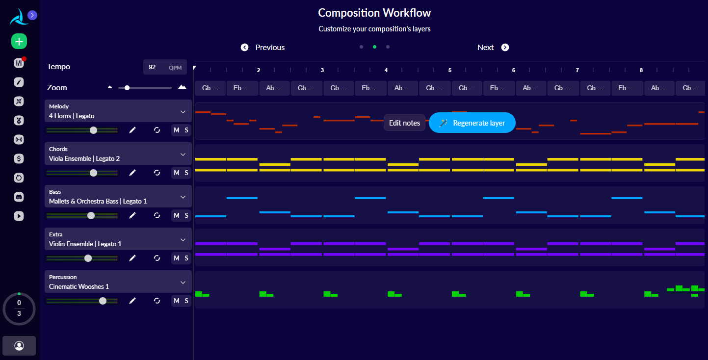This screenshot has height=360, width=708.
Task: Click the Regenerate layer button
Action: pyautogui.click(x=472, y=123)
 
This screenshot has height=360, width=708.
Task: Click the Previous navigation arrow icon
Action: pyautogui.click(x=244, y=48)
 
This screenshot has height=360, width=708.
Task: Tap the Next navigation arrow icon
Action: pyautogui.click(x=505, y=48)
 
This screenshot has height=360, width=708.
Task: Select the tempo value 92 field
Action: pyautogui.click(x=153, y=67)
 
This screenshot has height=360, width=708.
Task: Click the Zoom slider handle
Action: pyautogui.click(x=127, y=88)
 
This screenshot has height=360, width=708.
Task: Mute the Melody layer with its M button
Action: pyautogui.click(x=177, y=130)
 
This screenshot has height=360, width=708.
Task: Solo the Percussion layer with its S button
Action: pyautogui.click(x=186, y=301)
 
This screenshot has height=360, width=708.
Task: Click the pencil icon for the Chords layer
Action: pyautogui.click(x=132, y=173)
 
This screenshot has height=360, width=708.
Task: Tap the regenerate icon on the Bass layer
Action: pyautogui.click(x=157, y=215)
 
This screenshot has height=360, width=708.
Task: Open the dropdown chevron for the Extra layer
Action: pyautogui.click(x=183, y=240)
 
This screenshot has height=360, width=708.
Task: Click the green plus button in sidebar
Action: pyautogui.click(x=19, y=42)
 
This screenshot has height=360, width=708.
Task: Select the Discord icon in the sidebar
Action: pyautogui.click(x=19, y=197)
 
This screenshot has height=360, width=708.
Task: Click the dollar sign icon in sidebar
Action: pyautogui.click(x=19, y=158)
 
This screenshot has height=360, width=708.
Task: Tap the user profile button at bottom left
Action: pyautogui.click(x=19, y=346)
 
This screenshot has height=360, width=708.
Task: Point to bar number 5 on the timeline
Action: pyautogui.click(x=450, y=70)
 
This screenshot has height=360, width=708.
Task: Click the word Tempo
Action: pyautogui.click(x=58, y=67)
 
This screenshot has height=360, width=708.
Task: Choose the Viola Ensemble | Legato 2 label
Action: pyautogui.click(x=84, y=158)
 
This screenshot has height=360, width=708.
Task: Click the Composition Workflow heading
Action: pyautogui.click(x=374, y=13)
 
